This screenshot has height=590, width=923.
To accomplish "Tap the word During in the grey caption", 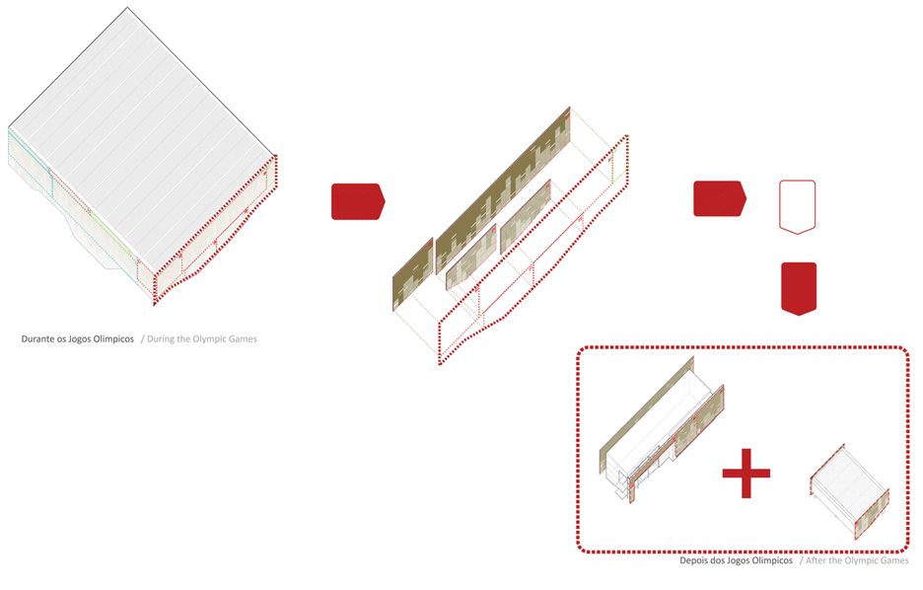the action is [161, 339].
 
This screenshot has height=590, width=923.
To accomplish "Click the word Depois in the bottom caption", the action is [694, 560].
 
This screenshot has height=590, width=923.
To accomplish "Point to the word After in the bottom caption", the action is [816, 560].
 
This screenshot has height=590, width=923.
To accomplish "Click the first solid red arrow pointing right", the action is [358, 201].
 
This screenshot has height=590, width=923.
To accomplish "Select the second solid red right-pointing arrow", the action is [720, 198].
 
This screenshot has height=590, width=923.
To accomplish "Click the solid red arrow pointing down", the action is [799, 288].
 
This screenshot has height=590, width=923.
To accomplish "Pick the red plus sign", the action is [745, 473].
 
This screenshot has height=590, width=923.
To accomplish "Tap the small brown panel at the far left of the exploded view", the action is [412, 274].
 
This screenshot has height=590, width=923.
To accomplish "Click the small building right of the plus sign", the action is [849, 490].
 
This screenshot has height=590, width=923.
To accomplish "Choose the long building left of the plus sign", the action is [662, 430].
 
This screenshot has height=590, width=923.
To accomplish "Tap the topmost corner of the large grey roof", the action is [127, 8].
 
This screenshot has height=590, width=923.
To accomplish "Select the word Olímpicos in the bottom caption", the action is [772, 560].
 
